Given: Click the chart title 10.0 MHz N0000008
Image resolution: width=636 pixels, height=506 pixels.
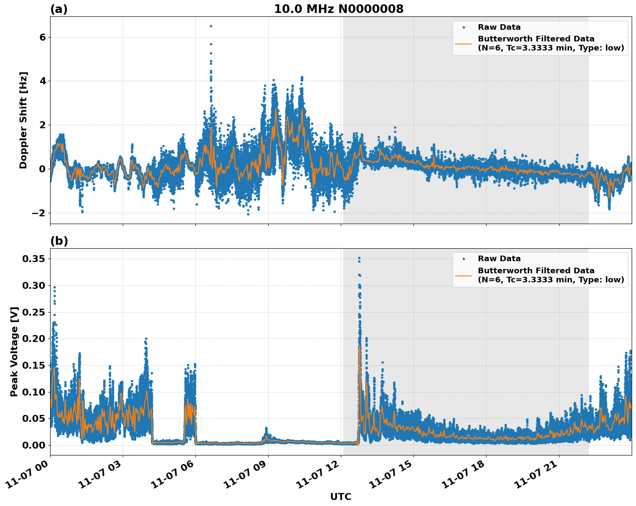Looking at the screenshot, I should pos(338,9).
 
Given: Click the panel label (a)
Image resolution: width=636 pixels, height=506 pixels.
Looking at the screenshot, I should pos(59,9).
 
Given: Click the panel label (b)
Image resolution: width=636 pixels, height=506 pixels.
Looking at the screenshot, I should pos(59,241).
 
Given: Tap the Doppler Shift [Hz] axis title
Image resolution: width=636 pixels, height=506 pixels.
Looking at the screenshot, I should pos(23,120).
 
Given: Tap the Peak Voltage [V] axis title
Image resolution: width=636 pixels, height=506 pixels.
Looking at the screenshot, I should pos(14,351).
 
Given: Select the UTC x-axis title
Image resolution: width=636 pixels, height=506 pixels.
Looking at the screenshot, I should pos(340,497).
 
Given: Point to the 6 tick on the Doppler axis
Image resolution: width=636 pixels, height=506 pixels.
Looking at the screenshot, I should pos(42,37).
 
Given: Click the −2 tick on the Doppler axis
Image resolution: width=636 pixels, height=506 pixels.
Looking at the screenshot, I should pos(39,213).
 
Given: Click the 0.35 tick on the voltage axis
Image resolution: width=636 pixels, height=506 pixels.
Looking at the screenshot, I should pos(33,259).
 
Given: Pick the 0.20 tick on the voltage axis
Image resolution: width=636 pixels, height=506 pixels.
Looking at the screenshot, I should pos(33,338).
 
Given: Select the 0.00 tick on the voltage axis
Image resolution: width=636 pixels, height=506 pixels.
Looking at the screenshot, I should pos(33,445).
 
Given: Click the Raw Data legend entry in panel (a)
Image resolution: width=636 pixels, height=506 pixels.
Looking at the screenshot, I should pos(499,27).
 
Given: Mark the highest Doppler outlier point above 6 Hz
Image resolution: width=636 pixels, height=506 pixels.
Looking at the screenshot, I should pos(211,26).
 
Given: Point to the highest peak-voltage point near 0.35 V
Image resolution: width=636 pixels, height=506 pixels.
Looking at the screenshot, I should pos(359,258).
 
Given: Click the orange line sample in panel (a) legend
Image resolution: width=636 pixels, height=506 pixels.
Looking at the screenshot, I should pos(464,43).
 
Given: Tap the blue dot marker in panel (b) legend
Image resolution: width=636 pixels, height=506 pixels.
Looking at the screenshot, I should pos(464,259).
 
